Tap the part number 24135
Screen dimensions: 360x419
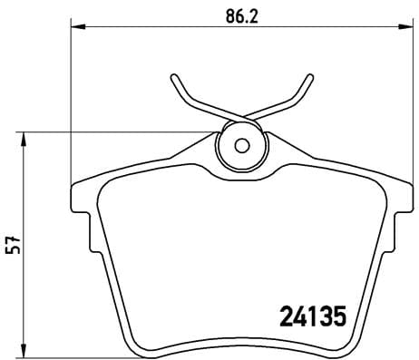[x=311, y=318]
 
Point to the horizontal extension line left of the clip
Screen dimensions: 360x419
[x=118, y=132]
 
